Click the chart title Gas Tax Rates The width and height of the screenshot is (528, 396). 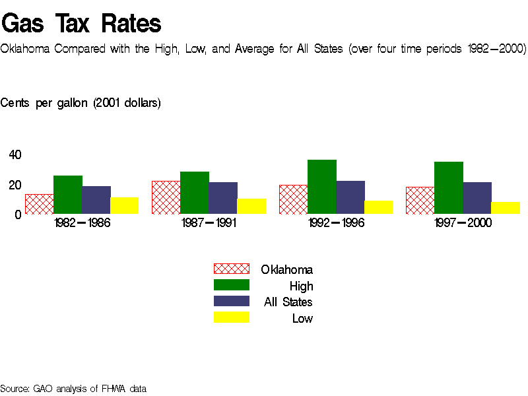click(x=81, y=24)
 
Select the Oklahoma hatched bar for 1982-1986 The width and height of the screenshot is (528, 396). click(x=39, y=204)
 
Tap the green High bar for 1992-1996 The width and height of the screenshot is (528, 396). click(x=322, y=187)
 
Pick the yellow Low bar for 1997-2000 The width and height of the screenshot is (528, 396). click(x=506, y=208)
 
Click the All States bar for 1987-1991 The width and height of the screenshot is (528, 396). click(x=223, y=198)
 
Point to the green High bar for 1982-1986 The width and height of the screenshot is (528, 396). click(x=68, y=195)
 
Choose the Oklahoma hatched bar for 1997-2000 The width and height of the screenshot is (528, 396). click(x=420, y=201)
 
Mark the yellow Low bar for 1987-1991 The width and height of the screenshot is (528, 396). click(x=251, y=207)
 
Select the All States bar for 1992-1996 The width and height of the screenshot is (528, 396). click(x=350, y=197)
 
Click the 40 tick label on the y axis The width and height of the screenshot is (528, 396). click(x=15, y=155)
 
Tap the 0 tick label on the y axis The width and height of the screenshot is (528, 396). click(x=18, y=214)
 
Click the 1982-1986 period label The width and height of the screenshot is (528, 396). click(x=82, y=223)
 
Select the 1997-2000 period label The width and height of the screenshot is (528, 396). click(x=463, y=223)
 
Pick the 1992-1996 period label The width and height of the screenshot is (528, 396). click(x=336, y=223)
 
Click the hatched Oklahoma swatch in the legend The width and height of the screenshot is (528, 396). click(x=231, y=269)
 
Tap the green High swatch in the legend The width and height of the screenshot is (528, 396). click(x=231, y=285)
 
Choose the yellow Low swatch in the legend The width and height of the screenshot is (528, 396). click(x=231, y=318)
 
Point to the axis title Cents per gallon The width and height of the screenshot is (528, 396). click(x=81, y=103)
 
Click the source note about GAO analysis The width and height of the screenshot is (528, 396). click(x=73, y=388)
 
